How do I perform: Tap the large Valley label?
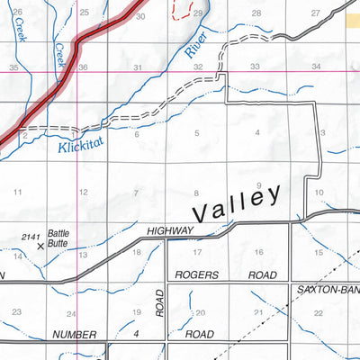[x=238, y=204]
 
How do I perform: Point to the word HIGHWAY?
[x=169, y=230]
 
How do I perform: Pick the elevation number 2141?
[x=31, y=234]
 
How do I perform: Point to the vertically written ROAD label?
[x=159, y=302]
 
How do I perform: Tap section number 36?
[x=82, y=67]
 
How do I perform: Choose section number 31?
[x=138, y=67]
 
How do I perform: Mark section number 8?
[x=196, y=193]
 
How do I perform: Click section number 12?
[x=83, y=193]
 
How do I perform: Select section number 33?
[x=255, y=67]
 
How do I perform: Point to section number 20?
[x=200, y=313]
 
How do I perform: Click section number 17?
[x=196, y=252]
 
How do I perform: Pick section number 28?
[x=256, y=13]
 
